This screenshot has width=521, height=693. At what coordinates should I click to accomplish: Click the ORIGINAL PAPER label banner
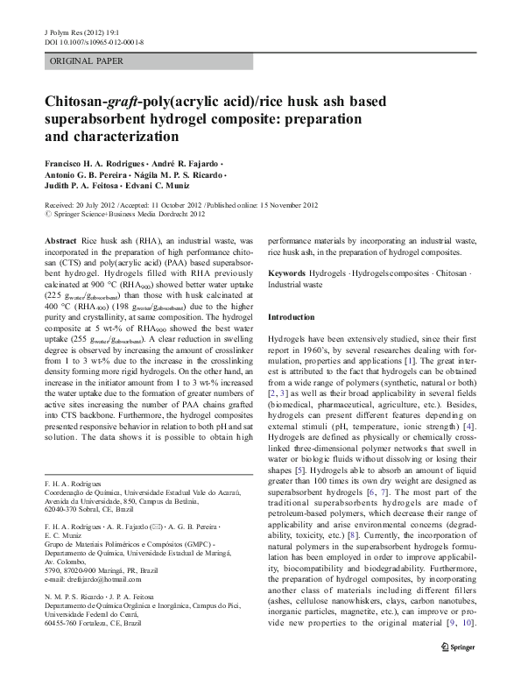(86, 61)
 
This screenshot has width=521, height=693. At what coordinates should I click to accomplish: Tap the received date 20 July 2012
(97, 203)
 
